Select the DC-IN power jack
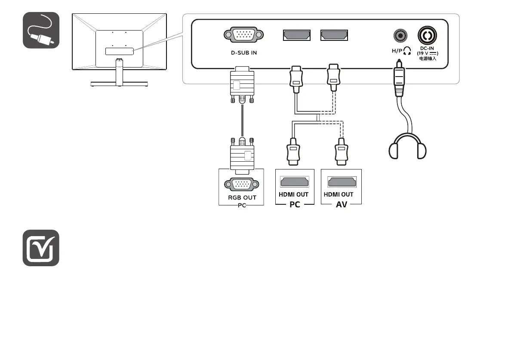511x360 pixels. pyautogui.click(x=428, y=34)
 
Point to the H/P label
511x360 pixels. pyautogui.click(x=398, y=52)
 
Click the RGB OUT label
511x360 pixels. pyautogui.click(x=242, y=198)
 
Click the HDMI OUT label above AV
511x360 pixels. pyautogui.click(x=339, y=194)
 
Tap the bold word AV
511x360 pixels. pyautogui.click(x=342, y=205)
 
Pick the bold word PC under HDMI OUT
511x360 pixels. pyautogui.click(x=295, y=205)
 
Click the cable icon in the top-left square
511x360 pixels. pyautogui.click(x=41, y=30)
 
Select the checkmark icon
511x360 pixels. pyautogui.click(x=41, y=248)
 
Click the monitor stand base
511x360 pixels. pyautogui.click(x=119, y=84)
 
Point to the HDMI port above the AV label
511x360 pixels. pyautogui.click(x=341, y=182)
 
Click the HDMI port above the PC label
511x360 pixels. pyautogui.click(x=295, y=182)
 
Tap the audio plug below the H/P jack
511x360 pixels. pyautogui.click(x=400, y=80)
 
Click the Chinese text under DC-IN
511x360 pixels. pyautogui.click(x=428, y=58)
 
